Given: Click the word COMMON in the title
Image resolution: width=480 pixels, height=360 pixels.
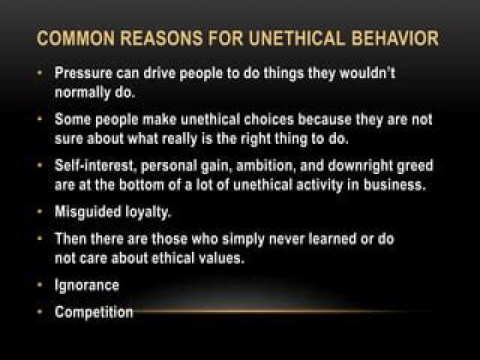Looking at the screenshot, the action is coord(76,38).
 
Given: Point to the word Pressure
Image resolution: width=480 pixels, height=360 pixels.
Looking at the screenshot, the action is coord(83,73).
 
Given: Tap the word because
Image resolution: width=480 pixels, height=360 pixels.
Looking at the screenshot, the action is coord(325,120).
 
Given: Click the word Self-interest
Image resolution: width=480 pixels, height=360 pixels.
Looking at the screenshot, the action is coord(95,166).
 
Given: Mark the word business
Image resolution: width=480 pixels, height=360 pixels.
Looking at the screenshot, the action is coord(395,185).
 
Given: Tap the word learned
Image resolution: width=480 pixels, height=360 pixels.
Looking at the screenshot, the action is coord(332,239).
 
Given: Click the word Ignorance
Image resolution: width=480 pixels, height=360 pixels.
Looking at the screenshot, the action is coord(87,285).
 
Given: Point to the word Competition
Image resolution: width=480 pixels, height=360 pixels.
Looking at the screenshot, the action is coord(94,313).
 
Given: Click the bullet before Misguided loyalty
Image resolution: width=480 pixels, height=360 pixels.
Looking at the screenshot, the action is coord(39,211).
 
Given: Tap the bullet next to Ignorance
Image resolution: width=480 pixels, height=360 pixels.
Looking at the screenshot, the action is coord(39,285).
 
